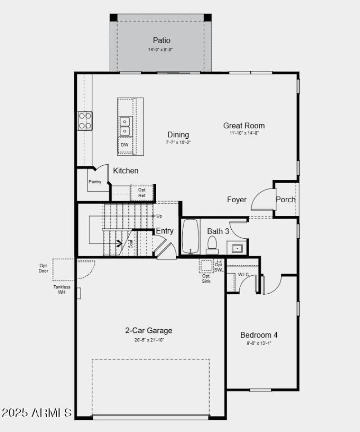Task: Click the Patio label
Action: coord(162,41)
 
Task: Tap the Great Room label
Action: coord(244,126)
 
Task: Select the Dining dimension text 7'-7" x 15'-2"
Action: coord(178,142)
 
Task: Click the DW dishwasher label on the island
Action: coord(125,145)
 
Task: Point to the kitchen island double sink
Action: coord(125,126)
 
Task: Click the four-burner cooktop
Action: coord(85,120)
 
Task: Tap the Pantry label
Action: coord(94,182)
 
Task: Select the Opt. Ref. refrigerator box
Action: coord(142,192)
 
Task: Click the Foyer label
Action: coord(237,200)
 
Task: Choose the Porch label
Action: coord(286,200)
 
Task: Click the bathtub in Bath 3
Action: coord(191,237)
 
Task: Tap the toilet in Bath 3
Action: coord(212,245)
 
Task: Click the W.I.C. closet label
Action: coord(243,274)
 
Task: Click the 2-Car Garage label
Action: coord(148,331)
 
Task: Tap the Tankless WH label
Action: coord(62,290)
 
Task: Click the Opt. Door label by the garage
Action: coord(44,268)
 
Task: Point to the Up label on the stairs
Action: coord(159,216)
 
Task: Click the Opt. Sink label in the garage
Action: coord(206,278)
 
